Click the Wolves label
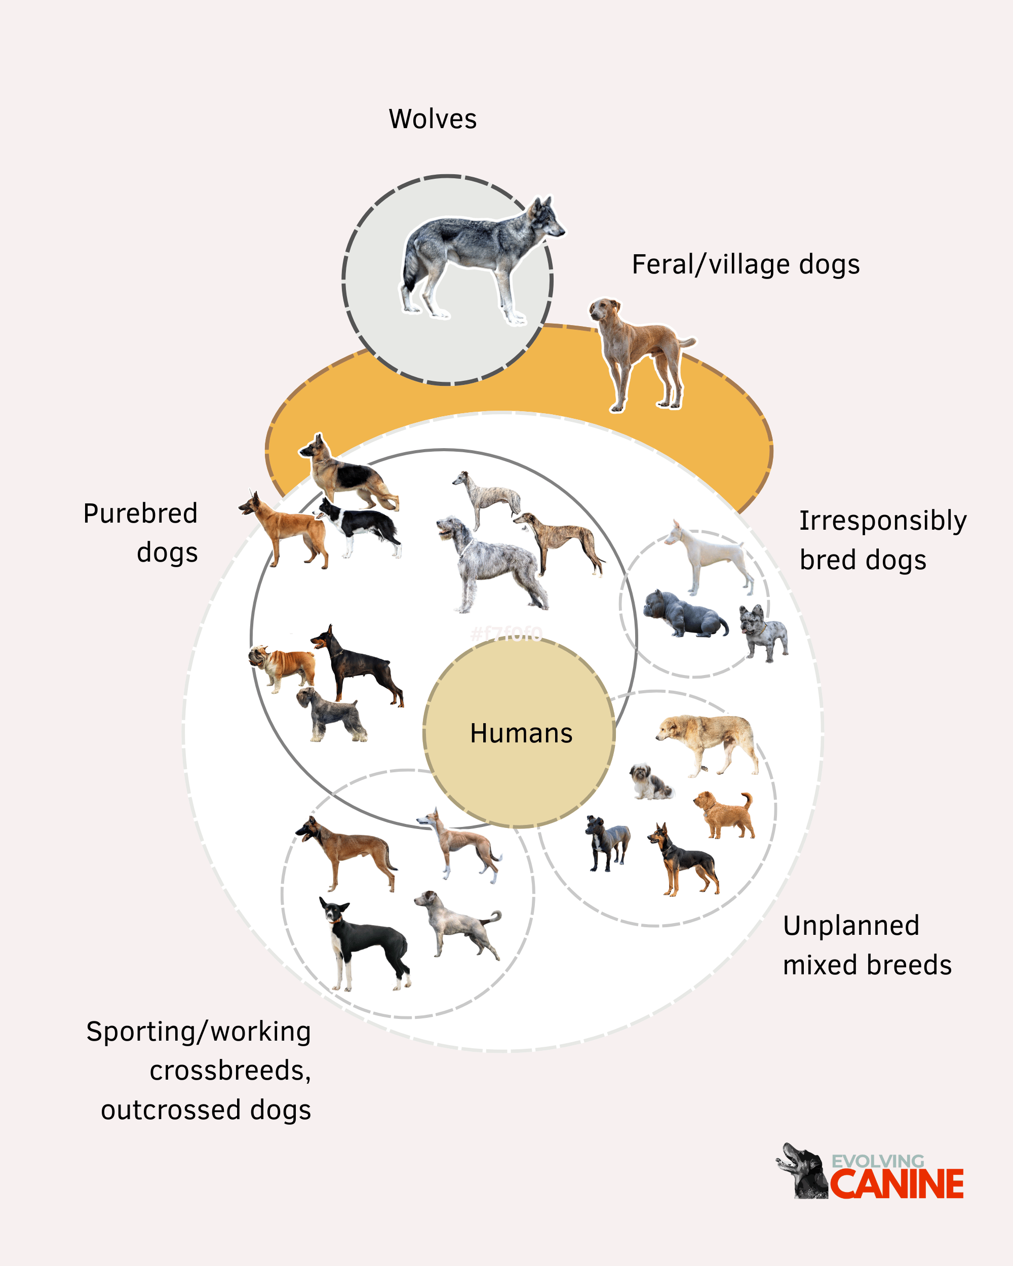coord(433,119)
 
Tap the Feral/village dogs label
coord(746,265)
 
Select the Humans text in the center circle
coord(521,733)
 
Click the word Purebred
coord(140,514)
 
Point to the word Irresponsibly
coord(883,521)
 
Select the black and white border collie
coord(358,527)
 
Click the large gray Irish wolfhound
coord(491,564)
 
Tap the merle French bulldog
coord(763,633)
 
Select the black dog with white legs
coord(364,943)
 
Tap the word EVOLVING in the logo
coord(878,1161)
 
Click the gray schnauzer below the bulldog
coord(331,714)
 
